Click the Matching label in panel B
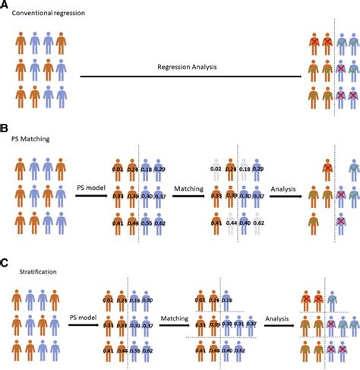pyautogui.click(x=188, y=188)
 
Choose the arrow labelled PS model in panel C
pyautogui.click(x=84, y=327)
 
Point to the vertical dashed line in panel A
pyautogui.click(x=335, y=72)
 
